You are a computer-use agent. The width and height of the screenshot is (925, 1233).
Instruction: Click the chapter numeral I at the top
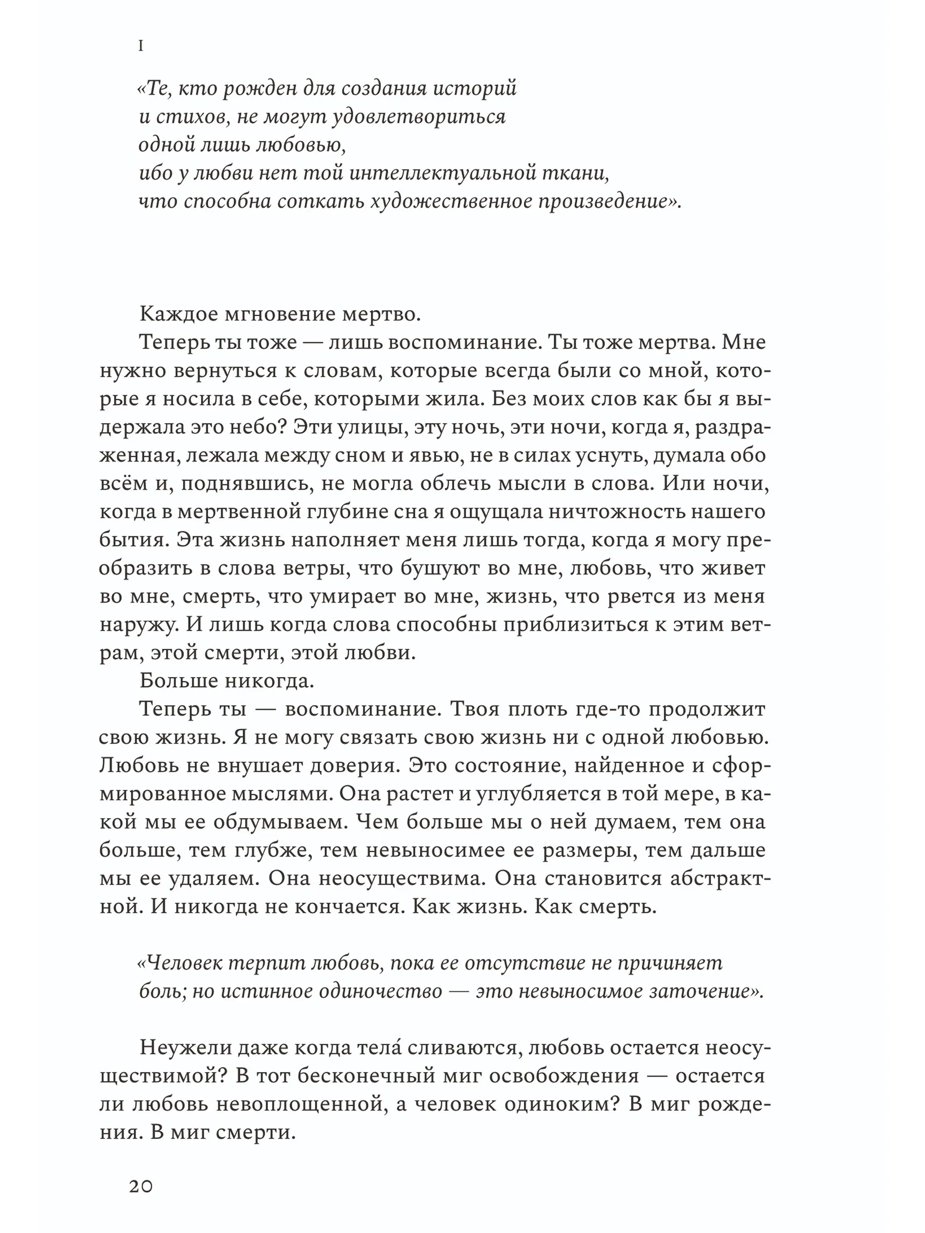click(x=141, y=46)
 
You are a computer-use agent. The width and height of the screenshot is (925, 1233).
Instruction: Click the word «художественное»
click(x=451, y=202)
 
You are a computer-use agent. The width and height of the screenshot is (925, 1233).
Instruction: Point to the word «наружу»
click(x=138, y=625)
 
